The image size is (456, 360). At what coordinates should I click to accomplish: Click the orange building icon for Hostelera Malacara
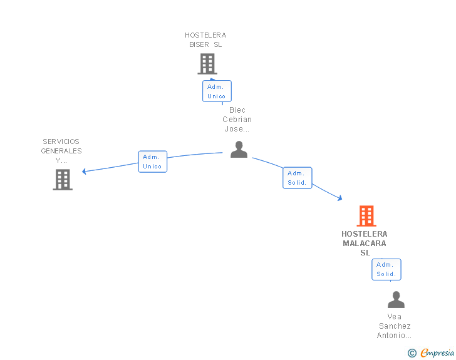pos(366,216)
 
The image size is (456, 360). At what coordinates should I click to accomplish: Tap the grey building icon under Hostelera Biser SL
pos(207,64)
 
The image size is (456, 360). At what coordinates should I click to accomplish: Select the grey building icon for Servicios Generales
pos(63,180)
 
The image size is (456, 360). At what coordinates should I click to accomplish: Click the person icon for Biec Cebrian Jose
pos(239,150)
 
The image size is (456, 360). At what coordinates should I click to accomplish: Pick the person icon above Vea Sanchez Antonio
pos(396,299)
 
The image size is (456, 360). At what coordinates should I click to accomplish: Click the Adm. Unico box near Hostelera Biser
pos(217,91)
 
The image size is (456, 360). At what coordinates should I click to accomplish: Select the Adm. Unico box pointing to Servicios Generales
pos(153,162)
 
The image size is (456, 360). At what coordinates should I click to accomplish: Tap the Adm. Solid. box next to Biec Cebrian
pos(297,178)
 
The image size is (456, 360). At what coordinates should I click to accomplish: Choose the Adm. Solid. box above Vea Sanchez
pos(386,269)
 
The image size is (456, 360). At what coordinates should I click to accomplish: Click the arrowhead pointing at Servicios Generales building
pos(84,172)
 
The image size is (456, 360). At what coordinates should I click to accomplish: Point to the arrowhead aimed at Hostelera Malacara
pos(340,198)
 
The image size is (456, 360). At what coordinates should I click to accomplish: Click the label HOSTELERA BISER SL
pos(205,40)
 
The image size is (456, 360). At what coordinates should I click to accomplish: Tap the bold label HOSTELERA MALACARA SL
pos(365,243)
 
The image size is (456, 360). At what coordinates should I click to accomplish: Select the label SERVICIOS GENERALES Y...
pos(61,151)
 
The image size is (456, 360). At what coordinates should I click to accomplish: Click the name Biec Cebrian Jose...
pos(237,119)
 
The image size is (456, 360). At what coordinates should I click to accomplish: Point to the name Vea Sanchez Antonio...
pos(395,326)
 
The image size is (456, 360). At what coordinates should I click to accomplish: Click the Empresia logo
pos(437,352)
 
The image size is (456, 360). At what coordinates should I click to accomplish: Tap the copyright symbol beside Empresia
pos(412,353)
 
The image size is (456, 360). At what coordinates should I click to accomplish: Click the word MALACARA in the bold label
pos(365,244)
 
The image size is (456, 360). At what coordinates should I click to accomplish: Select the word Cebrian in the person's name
pos(237,119)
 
